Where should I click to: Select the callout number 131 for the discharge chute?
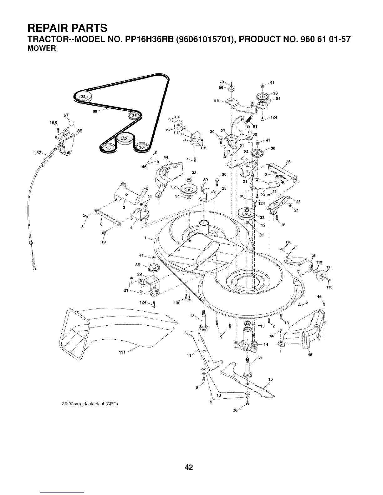coord(122,352)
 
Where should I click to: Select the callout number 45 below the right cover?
coord(310,354)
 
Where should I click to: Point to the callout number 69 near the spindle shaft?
coord(259,358)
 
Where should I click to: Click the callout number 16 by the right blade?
coord(271,379)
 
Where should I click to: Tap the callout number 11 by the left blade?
coord(189,355)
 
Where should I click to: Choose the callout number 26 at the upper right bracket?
coord(288,162)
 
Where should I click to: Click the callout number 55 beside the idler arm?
coord(216,101)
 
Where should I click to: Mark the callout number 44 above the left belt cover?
coord(166,157)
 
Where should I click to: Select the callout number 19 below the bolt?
coord(104,242)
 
